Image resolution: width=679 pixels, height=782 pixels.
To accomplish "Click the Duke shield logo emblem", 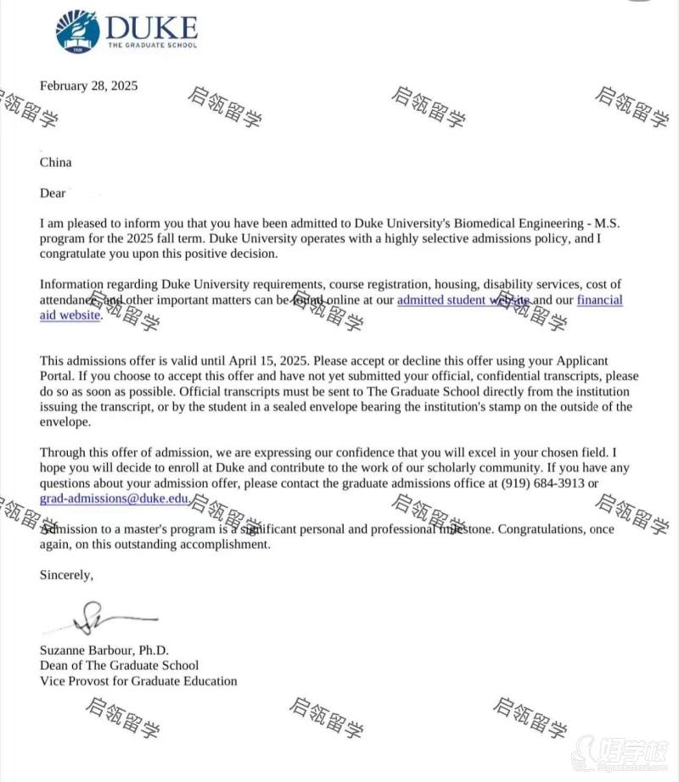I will (x=77, y=31).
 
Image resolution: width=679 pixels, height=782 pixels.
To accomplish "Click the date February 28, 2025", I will (x=88, y=86).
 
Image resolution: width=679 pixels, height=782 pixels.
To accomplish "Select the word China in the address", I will (x=56, y=162).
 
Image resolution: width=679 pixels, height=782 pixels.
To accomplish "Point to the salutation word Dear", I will (x=53, y=193).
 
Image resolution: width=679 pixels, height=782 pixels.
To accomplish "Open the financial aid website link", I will (x=331, y=308).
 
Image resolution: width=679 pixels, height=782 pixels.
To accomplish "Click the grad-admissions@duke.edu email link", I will (x=114, y=500).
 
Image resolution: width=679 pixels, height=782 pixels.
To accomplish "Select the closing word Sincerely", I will (x=66, y=575).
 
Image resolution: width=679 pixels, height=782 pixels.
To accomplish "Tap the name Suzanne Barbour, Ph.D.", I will (x=104, y=651).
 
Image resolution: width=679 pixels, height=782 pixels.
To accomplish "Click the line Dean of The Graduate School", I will (x=120, y=666).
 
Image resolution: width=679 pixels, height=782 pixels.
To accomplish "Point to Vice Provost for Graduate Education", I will (x=138, y=681).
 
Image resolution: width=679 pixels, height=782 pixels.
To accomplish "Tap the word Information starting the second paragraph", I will (x=72, y=284).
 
